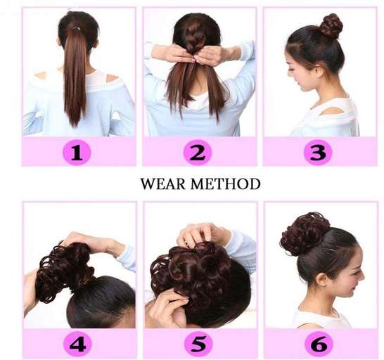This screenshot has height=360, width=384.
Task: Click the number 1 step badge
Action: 77,153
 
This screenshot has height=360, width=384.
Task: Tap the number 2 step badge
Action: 197,153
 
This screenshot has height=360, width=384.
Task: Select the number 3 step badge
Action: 318,153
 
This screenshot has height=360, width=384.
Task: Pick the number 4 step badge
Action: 77,345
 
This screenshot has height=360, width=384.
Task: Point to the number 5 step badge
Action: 198,345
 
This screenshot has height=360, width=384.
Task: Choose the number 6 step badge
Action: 319,345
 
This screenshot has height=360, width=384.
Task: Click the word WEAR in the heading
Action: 163,184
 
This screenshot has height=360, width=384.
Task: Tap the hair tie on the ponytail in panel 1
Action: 76,30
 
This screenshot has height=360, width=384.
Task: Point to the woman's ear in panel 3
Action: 316,70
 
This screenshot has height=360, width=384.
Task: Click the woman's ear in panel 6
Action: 323,278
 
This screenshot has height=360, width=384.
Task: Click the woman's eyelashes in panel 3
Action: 291,70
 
